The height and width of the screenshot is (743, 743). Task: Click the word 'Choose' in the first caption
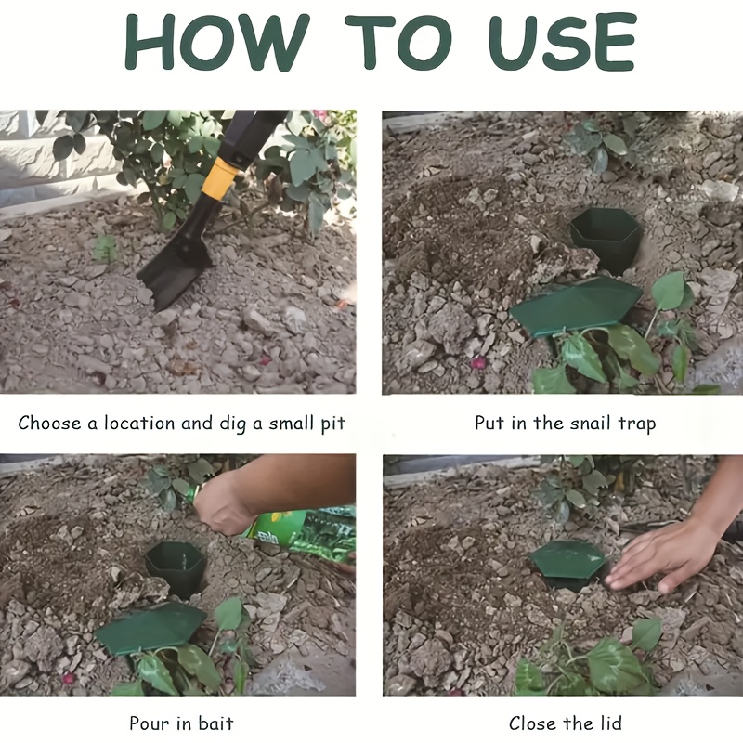click(49, 424)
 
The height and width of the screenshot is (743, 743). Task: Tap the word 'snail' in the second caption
click(560, 424)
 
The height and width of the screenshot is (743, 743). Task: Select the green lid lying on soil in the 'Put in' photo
click(575, 306)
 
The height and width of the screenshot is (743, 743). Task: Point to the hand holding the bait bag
click(223, 506)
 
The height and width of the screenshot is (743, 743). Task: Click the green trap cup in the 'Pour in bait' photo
click(176, 567)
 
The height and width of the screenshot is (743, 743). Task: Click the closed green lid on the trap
click(567, 561)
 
